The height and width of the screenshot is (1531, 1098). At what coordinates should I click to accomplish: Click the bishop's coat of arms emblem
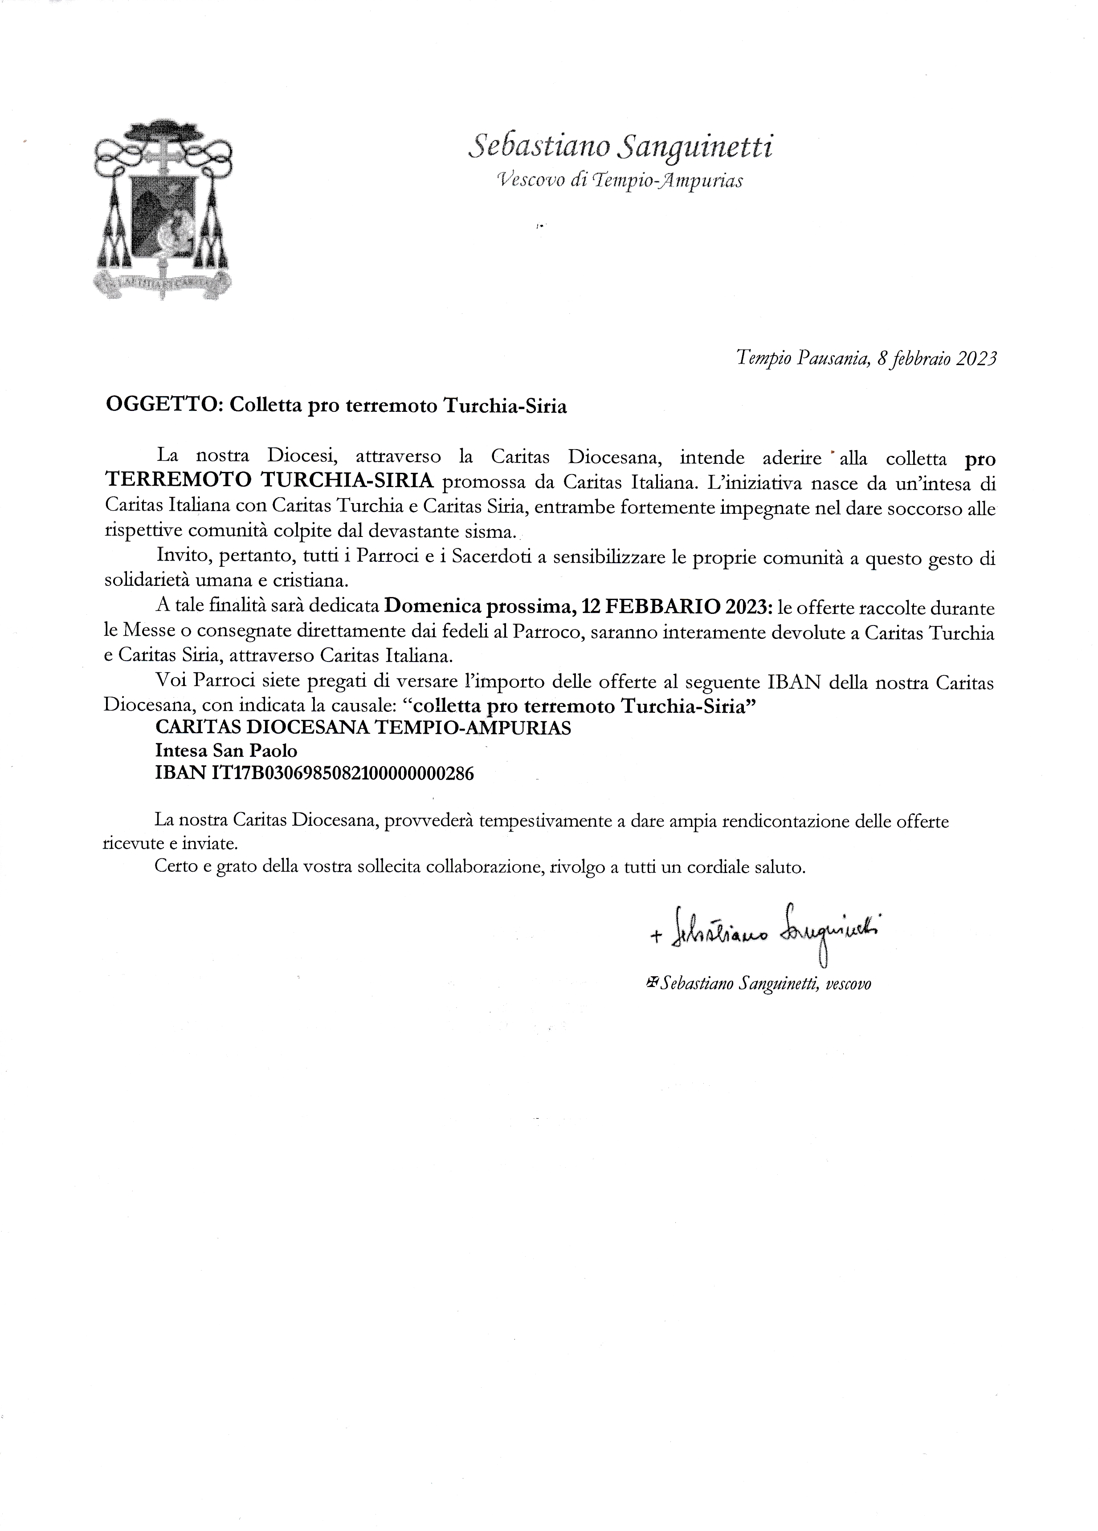(163, 209)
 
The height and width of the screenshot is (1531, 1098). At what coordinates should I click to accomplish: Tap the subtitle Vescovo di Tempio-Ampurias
(619, 180)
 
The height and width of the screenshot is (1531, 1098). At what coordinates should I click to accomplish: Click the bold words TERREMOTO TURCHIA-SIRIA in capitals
(269, 481)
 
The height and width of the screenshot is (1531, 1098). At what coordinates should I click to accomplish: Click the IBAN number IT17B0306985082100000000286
(343, 774)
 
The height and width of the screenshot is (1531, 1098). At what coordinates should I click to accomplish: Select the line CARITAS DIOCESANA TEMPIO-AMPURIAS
(363, 728)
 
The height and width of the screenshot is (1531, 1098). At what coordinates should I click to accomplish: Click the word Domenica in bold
(429, 608)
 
